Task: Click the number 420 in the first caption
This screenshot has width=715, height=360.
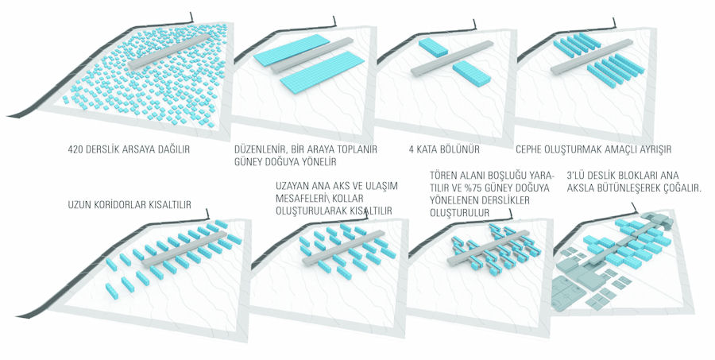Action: click(75, 149)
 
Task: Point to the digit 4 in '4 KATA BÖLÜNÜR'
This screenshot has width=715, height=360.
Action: click(412, 149)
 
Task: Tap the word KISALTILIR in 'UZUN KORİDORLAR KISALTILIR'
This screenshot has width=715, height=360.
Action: click(171, 205)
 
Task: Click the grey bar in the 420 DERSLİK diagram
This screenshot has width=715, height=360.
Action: click(169, 52)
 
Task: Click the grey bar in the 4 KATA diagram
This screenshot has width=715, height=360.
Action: click(452, 58)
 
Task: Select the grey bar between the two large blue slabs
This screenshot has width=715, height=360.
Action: click(312, 56)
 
